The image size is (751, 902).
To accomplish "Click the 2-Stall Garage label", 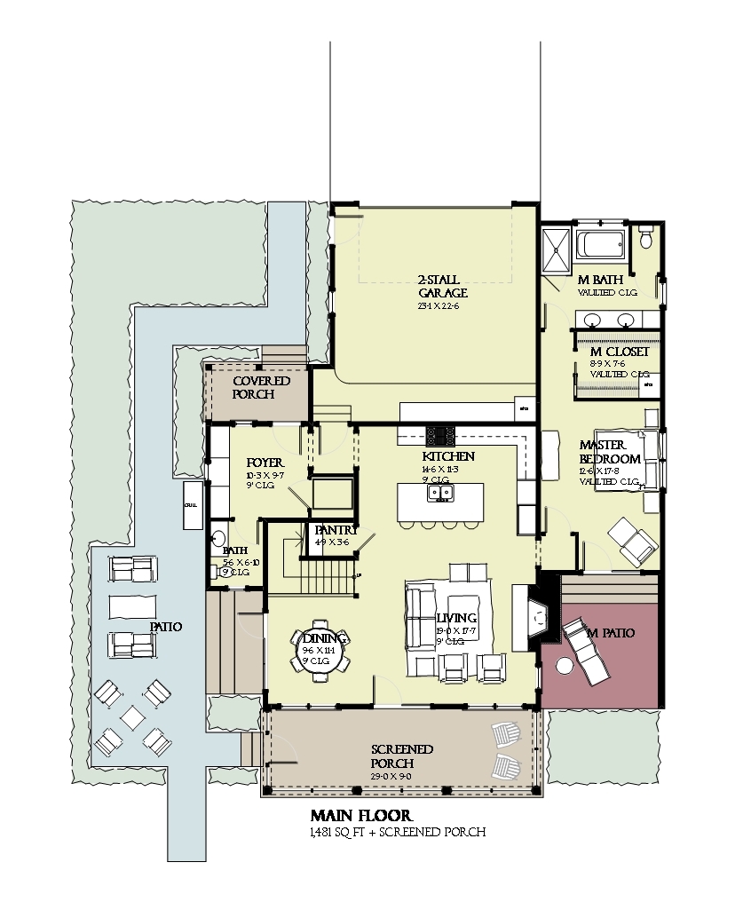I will tap(442, 286).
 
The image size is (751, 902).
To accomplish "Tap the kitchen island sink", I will tap(440, 494).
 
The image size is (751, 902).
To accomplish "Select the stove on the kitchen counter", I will tap(440, 435).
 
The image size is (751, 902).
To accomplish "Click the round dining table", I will tap(320, 655).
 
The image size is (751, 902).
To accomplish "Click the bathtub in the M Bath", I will tap(602, 244).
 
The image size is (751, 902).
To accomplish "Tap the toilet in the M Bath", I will tap(646, 238).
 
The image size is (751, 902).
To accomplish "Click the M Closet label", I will tap(619, 352).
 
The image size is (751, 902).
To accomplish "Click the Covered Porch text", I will tap(261, 388).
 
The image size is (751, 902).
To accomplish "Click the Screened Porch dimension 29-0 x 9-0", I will tap(391, 777).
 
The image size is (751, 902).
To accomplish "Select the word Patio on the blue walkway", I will tap(165, 627).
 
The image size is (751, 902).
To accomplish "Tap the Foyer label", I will tap(265, 463).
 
